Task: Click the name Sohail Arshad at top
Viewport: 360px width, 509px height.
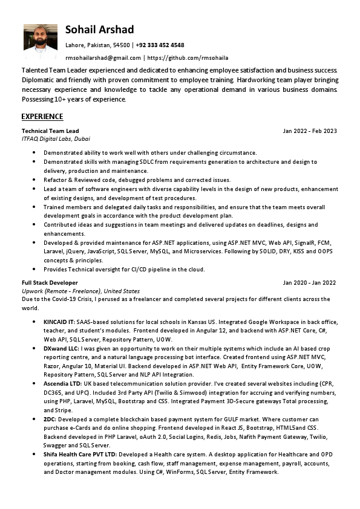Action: [100, 30]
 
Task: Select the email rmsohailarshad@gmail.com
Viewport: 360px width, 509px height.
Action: [103, 58]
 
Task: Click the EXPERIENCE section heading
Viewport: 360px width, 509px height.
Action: [42, 116]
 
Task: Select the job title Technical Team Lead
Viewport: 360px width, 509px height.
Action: [50, 131]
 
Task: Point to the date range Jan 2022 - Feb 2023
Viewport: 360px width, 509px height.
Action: [310, 131]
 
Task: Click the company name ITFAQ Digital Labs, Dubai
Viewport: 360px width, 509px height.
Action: [56, 138]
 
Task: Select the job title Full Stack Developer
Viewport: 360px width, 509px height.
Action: [50, 283]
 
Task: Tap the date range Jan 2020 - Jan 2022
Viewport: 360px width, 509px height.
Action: [309, 283]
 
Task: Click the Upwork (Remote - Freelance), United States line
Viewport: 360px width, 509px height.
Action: [80, 291]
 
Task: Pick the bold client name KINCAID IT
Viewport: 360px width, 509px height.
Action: [59, 322]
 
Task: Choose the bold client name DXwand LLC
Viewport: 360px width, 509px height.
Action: [61, 349]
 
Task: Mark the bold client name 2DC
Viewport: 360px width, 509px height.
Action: [50, 418]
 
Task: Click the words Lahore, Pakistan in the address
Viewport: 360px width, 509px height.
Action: [88, 45]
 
